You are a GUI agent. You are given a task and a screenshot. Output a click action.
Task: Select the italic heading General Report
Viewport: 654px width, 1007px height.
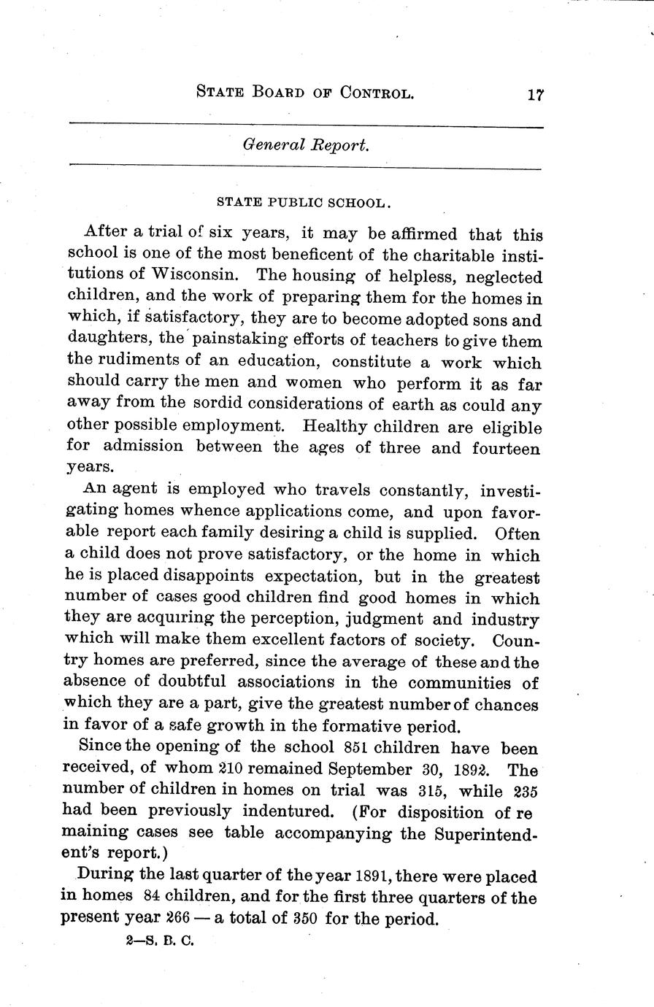pos(307,144)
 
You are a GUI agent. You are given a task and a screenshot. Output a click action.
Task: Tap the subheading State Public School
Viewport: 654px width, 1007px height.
pos(306,201)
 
